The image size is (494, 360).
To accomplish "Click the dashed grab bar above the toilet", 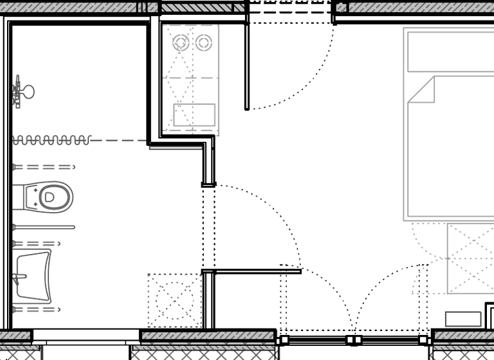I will [x=42, y=167].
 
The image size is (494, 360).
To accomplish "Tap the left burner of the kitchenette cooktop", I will [x=180, y=43].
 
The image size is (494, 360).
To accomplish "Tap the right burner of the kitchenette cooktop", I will [x=204, y=43].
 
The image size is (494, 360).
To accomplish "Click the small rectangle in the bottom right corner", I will [x=463, y=319].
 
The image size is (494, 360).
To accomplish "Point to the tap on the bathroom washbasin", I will [x=19, y=278].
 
